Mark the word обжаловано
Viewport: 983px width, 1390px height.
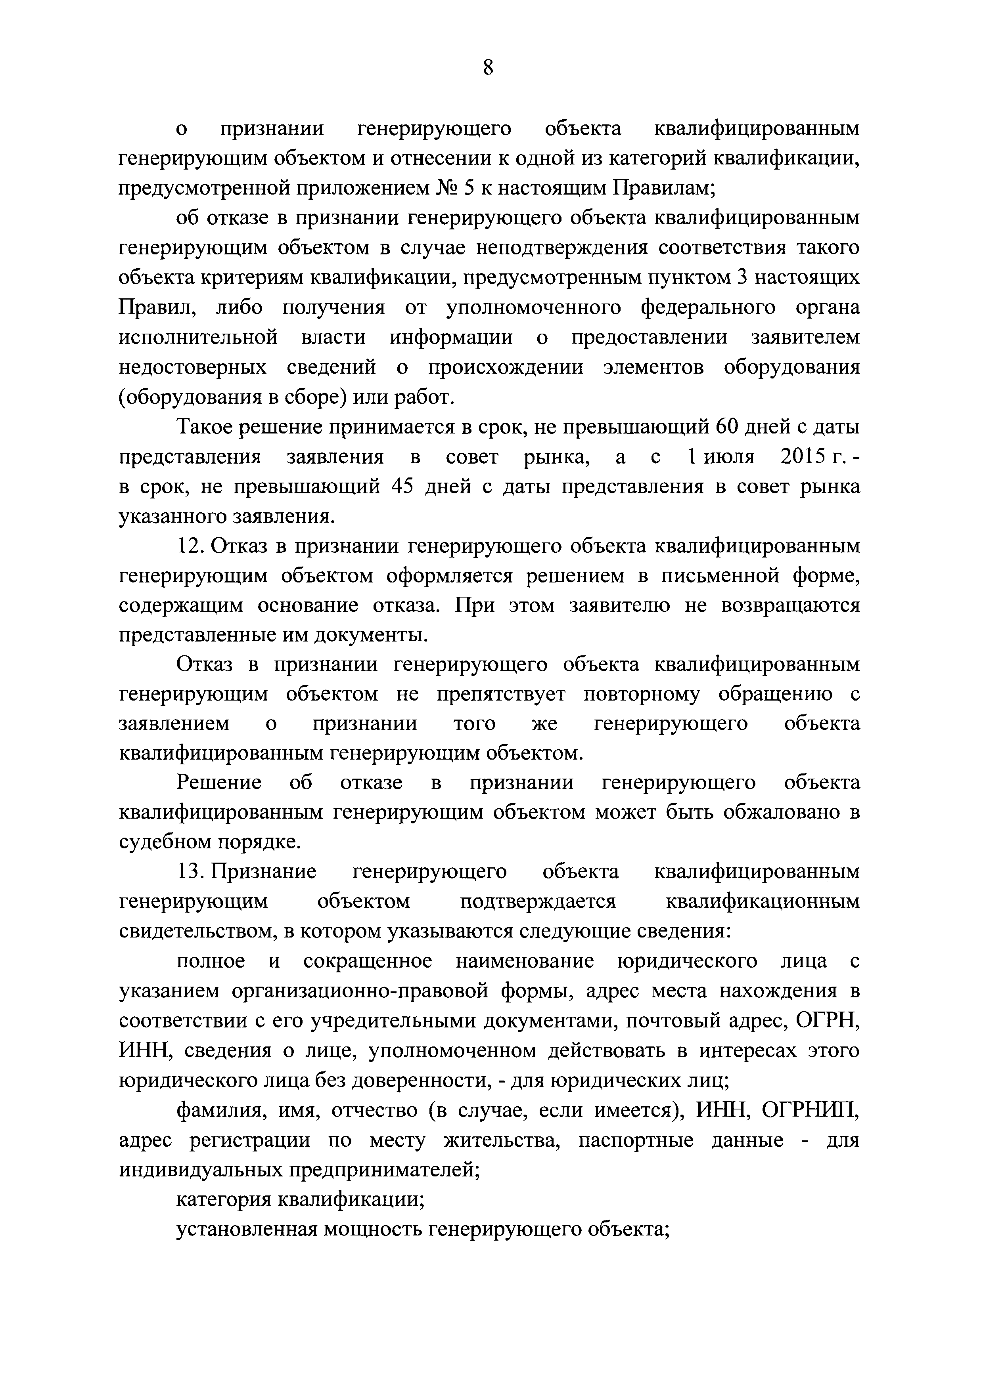[x=776, y=812]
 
